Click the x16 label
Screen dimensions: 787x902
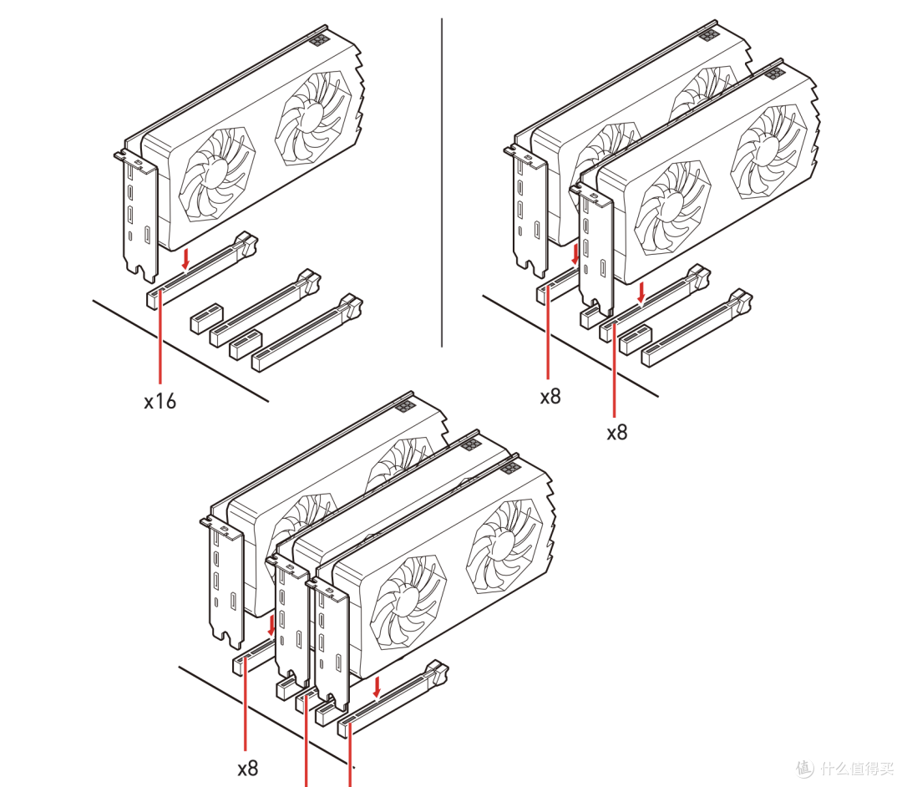click(x=160, y=401)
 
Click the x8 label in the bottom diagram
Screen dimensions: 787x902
click(x=247, y=766)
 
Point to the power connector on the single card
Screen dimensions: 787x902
click(x=320, y=38)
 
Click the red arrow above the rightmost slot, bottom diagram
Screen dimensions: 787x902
click(x=378, y=688)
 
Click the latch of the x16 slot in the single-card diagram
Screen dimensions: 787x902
click(x=246, y=244)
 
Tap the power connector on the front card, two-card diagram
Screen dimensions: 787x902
click(x=773, y=73)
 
